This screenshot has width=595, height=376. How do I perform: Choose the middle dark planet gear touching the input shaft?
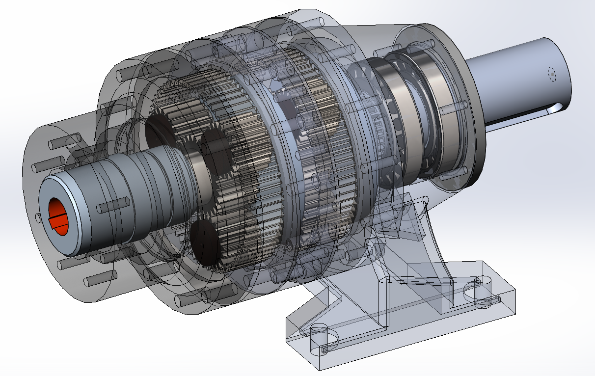click(216, 155)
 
